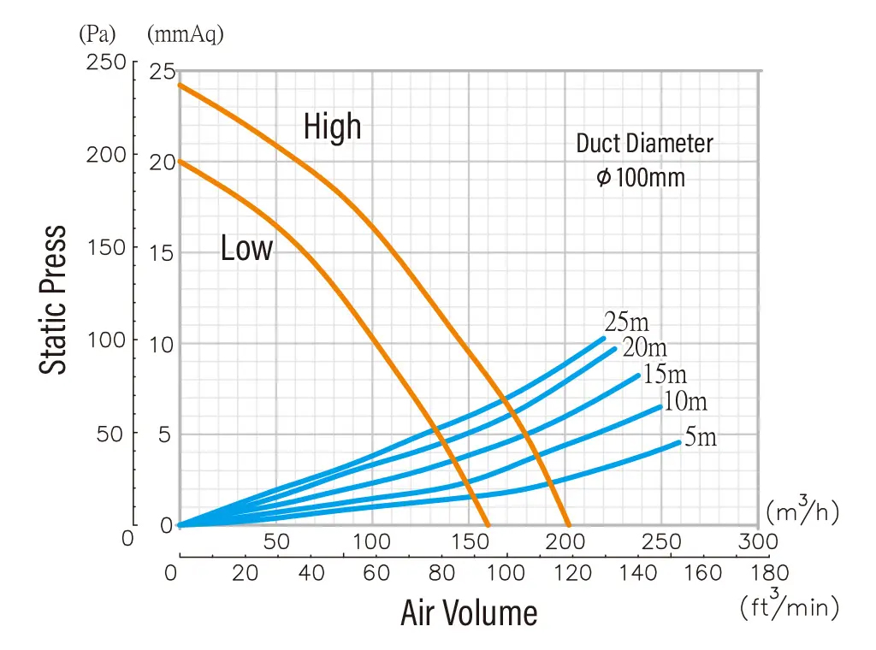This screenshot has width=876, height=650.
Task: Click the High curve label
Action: coord(332,127)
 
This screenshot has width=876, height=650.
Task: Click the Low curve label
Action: coord(246,249)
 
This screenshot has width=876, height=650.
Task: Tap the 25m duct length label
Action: coord(627,322)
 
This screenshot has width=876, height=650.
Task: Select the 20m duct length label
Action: coord(644,348)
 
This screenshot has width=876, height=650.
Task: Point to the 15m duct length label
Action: coord(665,374)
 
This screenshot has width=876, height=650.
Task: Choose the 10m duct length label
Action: coord(685,400)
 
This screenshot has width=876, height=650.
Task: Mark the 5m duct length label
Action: coord(700,438)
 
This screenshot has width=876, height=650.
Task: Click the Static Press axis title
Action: coord(54,298)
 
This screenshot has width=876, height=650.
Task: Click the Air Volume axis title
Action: coord(469,613)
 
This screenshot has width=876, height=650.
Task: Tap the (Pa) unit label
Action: coord(97,34)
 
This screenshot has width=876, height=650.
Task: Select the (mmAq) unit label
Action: coord(186,34)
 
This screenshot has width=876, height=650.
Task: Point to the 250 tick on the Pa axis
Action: coord(106,64)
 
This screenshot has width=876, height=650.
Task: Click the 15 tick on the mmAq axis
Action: coord(162,253)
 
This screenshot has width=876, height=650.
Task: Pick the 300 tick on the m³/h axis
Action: coord(758,542)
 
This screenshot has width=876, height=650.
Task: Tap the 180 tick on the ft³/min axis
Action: coord(769,573)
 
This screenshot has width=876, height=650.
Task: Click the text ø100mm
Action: coord(641,178)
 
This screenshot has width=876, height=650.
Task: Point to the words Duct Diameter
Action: coord(644,143)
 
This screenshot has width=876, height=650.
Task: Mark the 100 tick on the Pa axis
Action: coord(106,340)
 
